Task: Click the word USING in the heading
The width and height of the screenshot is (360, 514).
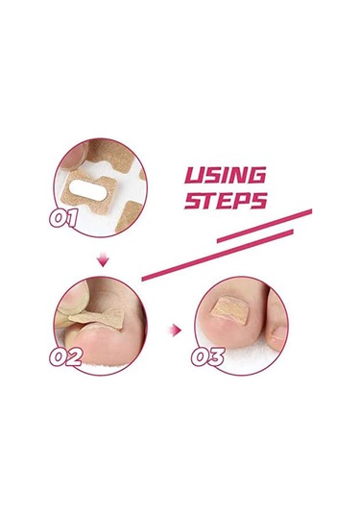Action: pyautogui.click(x=225, y=176)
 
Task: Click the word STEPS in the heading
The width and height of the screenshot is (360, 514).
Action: pyautogui.click(x=226, y=201)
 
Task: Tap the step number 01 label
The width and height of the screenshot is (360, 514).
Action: pyautogui.click(x=64, y=219)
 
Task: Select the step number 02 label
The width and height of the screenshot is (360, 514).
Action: pyautogui.click(x=66, y=357)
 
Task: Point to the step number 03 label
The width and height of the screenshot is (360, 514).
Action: pyautogui.click(x=208, y=357)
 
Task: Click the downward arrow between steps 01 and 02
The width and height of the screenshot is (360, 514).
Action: pyautogui.click(x=103, y=259)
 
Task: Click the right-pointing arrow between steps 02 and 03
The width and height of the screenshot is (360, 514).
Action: pyautogui.click(x=175, y=330)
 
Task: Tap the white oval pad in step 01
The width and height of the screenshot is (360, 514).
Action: pyautogui.click(x=88, y=190)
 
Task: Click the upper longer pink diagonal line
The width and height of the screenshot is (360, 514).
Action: pyautogui.click(x=265, y=226)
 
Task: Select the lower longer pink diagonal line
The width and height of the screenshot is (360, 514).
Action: pyautogui.click(x=218, y=255)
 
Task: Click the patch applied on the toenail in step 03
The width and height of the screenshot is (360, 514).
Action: pyautogui.click(x=230, y=309)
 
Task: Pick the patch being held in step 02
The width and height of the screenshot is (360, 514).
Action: pyautogui.click(x=97, y=318)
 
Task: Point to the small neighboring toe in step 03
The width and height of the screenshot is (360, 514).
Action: pyautogui.click(x=276, y=320)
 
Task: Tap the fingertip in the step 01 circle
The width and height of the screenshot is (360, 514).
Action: pyautogui.click(x=75, y=155)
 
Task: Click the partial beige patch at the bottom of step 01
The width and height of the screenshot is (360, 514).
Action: pyautogui.click(x=129, y=216)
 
